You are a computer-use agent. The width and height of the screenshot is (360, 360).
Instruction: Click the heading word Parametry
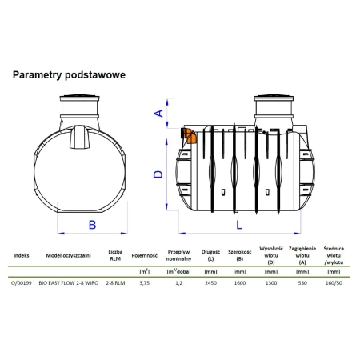pos(37,75)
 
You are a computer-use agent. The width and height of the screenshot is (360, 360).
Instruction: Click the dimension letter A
pos(159,113)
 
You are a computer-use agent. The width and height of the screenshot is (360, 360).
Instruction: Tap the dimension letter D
pos(158,174)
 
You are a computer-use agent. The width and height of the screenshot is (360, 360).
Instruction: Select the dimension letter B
pos(92,225)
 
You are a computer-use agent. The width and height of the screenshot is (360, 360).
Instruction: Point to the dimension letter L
pos(239,225)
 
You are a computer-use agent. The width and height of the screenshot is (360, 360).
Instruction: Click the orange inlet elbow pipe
pos(188,136)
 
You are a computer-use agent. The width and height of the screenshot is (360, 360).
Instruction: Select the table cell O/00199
pos(22,283)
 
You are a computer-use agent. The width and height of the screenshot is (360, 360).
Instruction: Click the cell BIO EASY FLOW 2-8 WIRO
pos(69,283)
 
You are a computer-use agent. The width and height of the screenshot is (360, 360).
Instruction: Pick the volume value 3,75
pos(144,283)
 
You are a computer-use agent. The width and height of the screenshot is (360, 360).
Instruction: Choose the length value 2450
pos(210,283)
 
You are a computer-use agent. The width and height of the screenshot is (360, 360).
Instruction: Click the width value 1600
pos(240,283)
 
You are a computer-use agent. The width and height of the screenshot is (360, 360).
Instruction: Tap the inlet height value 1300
pos(271,283)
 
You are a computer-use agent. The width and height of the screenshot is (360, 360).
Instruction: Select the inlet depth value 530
pos(302,283)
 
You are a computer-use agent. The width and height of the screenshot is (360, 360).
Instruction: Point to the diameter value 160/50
pos(334,283)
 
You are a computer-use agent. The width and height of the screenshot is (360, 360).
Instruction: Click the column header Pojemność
pos(145,255)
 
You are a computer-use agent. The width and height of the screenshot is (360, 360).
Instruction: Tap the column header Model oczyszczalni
pos(68,255)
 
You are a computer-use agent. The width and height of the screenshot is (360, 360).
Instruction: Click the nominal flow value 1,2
pos(178,283)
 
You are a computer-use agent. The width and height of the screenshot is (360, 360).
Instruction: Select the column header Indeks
pos(22,255)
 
